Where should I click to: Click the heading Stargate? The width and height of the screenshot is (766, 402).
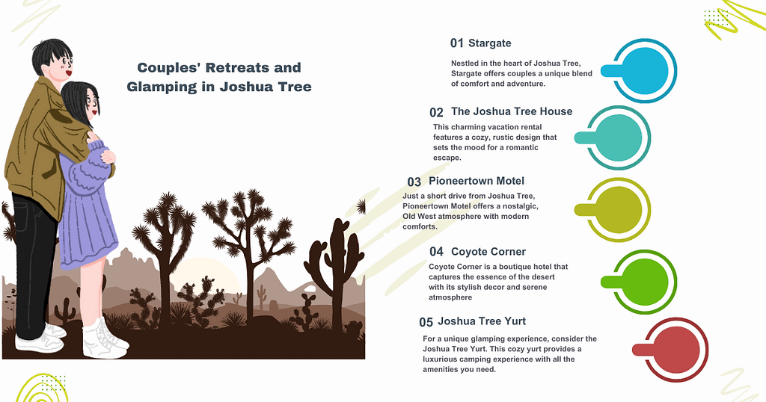[x=490, y=43]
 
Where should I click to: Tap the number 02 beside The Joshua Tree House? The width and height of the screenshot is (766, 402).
[x=436, y=113]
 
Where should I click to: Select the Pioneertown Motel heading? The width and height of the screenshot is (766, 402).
[x=477, y=181]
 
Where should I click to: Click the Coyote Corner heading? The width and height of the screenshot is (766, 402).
[x=488, y=252]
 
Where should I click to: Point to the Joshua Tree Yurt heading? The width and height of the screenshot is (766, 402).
[x=482, y=321]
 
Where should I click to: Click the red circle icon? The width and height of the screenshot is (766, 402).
[x=675, y=349]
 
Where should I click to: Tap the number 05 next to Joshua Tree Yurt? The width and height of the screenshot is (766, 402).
[x=426, y=323]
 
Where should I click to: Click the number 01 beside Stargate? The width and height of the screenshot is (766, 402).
[x=457, y=43]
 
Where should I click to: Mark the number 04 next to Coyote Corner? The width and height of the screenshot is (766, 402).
[x=436, y=253]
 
